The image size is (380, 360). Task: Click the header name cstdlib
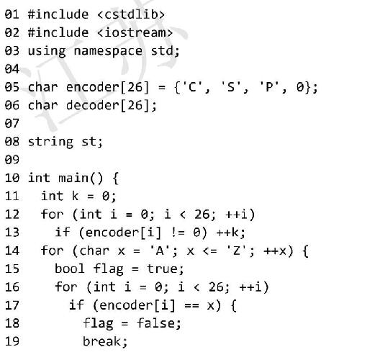click(x=131, y=14)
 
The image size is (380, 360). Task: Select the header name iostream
click(x=135, y=32)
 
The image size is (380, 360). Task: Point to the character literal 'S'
click(x=231, y=87)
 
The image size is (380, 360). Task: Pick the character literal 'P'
click(x=269, y=87)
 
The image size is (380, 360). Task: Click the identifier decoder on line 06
click(x=93, y=105)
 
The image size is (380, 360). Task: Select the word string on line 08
click(x=50, y=142)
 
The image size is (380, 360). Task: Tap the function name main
click(x=73, y=178)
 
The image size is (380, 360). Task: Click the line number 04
click(x=12, y=69)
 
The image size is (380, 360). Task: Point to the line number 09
click(x=12, y=160)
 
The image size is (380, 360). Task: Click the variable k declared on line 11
click(x=75, y=196)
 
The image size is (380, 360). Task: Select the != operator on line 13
click(x=178, y=233)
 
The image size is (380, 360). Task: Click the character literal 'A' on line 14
click(x=160, y=251)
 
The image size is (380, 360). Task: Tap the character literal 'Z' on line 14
click(x=236, y=251)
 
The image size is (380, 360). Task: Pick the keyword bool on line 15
click(x=70, y=269)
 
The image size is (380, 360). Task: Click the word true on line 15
click(x=162, y=269)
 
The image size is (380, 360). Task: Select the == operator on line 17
click(x=192, y=305)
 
